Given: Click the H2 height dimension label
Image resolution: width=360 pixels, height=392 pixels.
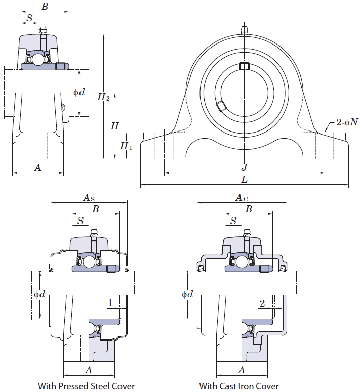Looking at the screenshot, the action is (x=104, y=97).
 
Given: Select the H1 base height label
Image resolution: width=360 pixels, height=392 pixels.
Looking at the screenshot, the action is (x=126, y=146).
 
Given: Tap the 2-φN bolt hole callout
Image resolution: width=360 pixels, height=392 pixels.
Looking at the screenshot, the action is (x=347, y=122).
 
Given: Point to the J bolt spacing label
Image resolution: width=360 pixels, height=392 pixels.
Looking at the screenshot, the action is (x=245, y=167).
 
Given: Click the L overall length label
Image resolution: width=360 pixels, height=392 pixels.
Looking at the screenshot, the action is (x=244, y=179).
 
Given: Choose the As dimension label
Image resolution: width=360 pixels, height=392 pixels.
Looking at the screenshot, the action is (x=89, y=198).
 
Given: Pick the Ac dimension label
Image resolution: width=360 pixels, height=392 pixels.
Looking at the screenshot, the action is (x=242, y=198).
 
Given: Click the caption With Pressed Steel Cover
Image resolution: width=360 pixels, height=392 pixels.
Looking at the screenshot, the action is (x=86, y=386).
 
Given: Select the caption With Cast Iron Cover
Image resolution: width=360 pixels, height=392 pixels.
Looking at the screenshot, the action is (x=239, y=386).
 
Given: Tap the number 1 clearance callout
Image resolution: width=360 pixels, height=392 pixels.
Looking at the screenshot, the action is (x=110, y=303).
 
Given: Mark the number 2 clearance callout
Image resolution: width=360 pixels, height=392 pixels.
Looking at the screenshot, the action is (x=262, y=303).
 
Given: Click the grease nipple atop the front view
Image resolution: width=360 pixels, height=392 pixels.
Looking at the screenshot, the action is (x=244, y=30).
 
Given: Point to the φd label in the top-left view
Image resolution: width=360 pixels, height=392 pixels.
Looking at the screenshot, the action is (x=79, y=92).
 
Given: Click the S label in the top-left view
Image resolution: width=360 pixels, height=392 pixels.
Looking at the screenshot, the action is (x=29, y=18).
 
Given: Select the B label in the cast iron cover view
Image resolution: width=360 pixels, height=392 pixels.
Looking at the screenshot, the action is (x=249, y=209).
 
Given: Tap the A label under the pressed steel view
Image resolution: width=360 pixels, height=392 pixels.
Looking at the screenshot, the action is (x=89, y=370).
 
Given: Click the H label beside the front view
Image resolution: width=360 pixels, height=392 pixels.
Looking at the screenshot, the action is (x=115, y=126).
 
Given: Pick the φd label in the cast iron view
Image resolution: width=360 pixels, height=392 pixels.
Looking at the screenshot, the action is (x=187, y=294).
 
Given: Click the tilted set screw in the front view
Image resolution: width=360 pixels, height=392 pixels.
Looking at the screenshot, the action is (x=221, y=106).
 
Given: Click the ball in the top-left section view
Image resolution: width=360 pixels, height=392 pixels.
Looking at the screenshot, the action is (x=38, y=59).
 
